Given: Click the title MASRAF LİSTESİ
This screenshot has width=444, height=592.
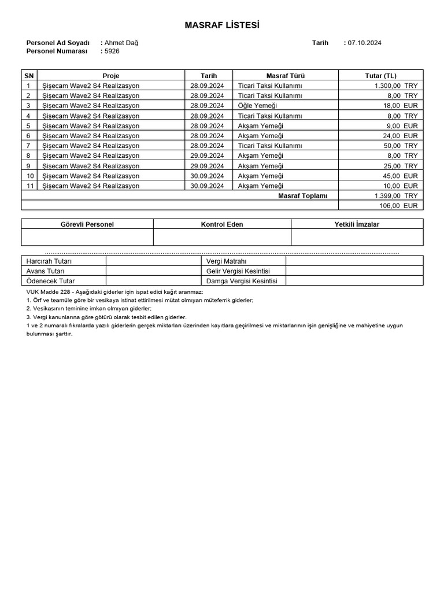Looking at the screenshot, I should point(222,25).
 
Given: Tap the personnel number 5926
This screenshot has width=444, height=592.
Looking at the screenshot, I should point(112,51).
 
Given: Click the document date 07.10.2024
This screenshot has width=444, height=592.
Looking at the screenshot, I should point(364,43).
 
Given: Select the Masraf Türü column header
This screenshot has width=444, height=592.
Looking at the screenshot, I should point(285,76).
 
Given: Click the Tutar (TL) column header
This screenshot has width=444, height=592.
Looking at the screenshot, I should point(381,76).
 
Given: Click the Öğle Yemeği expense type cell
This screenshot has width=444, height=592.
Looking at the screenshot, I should point(257,106).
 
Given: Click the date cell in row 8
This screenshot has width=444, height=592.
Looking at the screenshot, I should point(207,156).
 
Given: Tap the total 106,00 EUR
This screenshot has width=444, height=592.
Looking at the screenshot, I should point(398,205).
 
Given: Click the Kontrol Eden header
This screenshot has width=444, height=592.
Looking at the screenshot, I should point(222,224).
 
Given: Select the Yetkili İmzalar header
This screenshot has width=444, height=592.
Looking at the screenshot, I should point(357,224).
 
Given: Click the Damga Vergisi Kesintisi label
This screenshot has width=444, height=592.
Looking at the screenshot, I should point(242,281).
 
